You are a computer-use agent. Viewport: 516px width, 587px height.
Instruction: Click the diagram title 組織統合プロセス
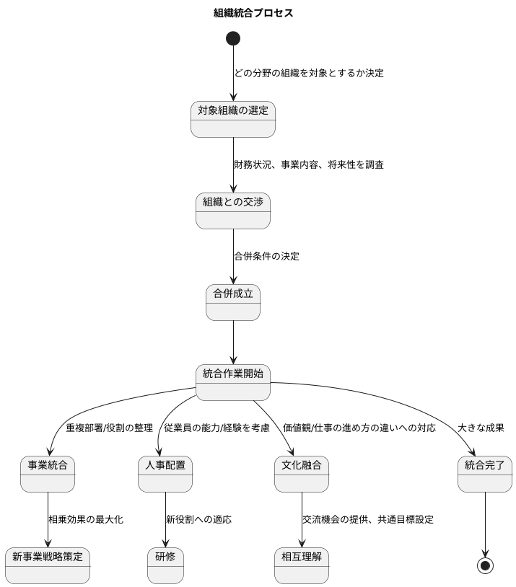253,13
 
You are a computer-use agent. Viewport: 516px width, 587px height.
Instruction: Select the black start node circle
233,38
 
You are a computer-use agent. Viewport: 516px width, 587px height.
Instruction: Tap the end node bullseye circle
485,565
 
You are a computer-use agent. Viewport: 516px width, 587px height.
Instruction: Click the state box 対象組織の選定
233,119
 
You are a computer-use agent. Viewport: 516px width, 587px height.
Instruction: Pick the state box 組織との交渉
233,211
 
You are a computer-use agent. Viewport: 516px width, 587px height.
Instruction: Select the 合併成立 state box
233,302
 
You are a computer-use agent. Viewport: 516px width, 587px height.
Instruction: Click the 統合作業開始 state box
233,382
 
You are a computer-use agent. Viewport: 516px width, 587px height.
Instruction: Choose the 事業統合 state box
48,474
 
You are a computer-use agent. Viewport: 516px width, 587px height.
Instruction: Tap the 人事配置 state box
165,474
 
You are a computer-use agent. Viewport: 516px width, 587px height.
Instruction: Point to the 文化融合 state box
302,474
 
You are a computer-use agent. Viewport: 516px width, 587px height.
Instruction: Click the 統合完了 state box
485,474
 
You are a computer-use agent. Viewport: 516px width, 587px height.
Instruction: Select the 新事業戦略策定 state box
48,565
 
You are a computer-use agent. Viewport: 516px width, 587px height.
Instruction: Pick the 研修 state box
165,565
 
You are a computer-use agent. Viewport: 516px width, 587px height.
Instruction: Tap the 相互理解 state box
302,565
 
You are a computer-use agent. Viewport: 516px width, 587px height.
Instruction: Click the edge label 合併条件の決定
266,256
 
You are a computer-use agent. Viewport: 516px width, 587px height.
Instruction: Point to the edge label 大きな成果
481,428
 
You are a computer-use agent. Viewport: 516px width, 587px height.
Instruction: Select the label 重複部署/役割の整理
109,428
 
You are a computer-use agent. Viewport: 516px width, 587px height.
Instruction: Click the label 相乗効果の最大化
85,519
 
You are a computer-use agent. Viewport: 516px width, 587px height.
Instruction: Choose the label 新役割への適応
198,519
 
